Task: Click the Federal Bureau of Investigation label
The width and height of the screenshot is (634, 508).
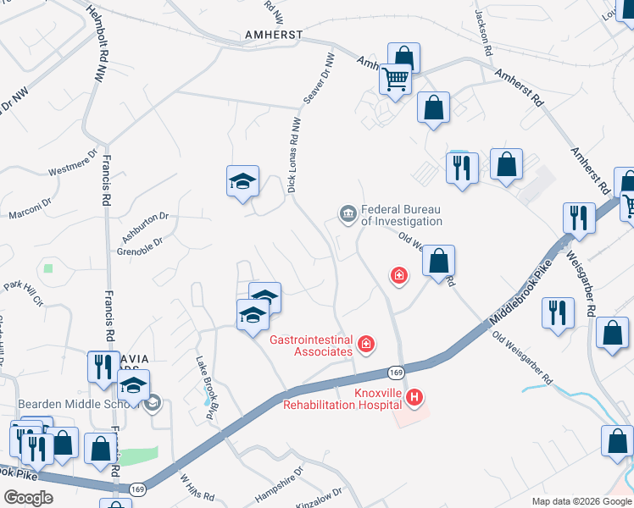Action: point(402,215)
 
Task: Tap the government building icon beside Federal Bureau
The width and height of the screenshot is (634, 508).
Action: point(348,214)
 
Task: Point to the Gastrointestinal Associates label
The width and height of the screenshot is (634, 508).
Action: point(310,345)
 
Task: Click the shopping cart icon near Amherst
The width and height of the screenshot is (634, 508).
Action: point(395,79)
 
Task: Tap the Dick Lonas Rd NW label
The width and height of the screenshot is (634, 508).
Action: point(294,154)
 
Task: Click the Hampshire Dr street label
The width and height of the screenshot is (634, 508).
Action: point(279,479)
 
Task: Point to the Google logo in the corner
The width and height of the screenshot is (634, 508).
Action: point(28,498)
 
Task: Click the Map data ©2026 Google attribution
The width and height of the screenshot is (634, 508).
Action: point(581,501)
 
